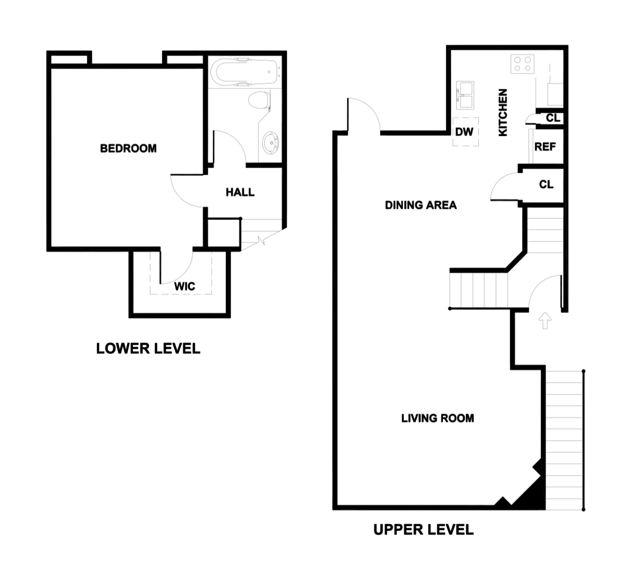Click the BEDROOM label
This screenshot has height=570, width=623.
[x=128, y=149]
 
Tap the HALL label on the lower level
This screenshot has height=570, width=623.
[x=240, y=193]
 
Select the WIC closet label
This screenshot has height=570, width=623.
[x=184, y=286]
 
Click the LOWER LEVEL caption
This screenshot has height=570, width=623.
[x=148, y=349]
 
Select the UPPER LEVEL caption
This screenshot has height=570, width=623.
[x=423, y=530]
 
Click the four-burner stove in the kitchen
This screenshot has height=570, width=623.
[x=522, y=64]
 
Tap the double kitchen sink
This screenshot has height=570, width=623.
[x=465, y=95]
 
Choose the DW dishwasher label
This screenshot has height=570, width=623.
[x=464, y=132]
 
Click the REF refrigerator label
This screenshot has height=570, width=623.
[x=545, y=147]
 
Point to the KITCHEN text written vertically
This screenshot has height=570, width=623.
[x=503, y=113]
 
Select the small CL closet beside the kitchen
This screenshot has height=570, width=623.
[x=552, y=118]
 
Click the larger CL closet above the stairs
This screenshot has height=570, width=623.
[x=546, y=184]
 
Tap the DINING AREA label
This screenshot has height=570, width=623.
[x=421, y=205]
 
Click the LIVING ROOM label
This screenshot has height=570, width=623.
[x=437, y=418]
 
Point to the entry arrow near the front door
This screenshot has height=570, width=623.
[x=545, y=321]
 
